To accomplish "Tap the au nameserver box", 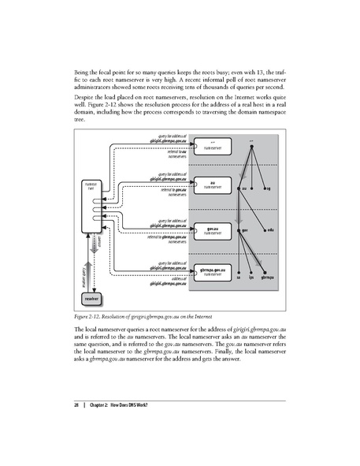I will click(x=207, y=185).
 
